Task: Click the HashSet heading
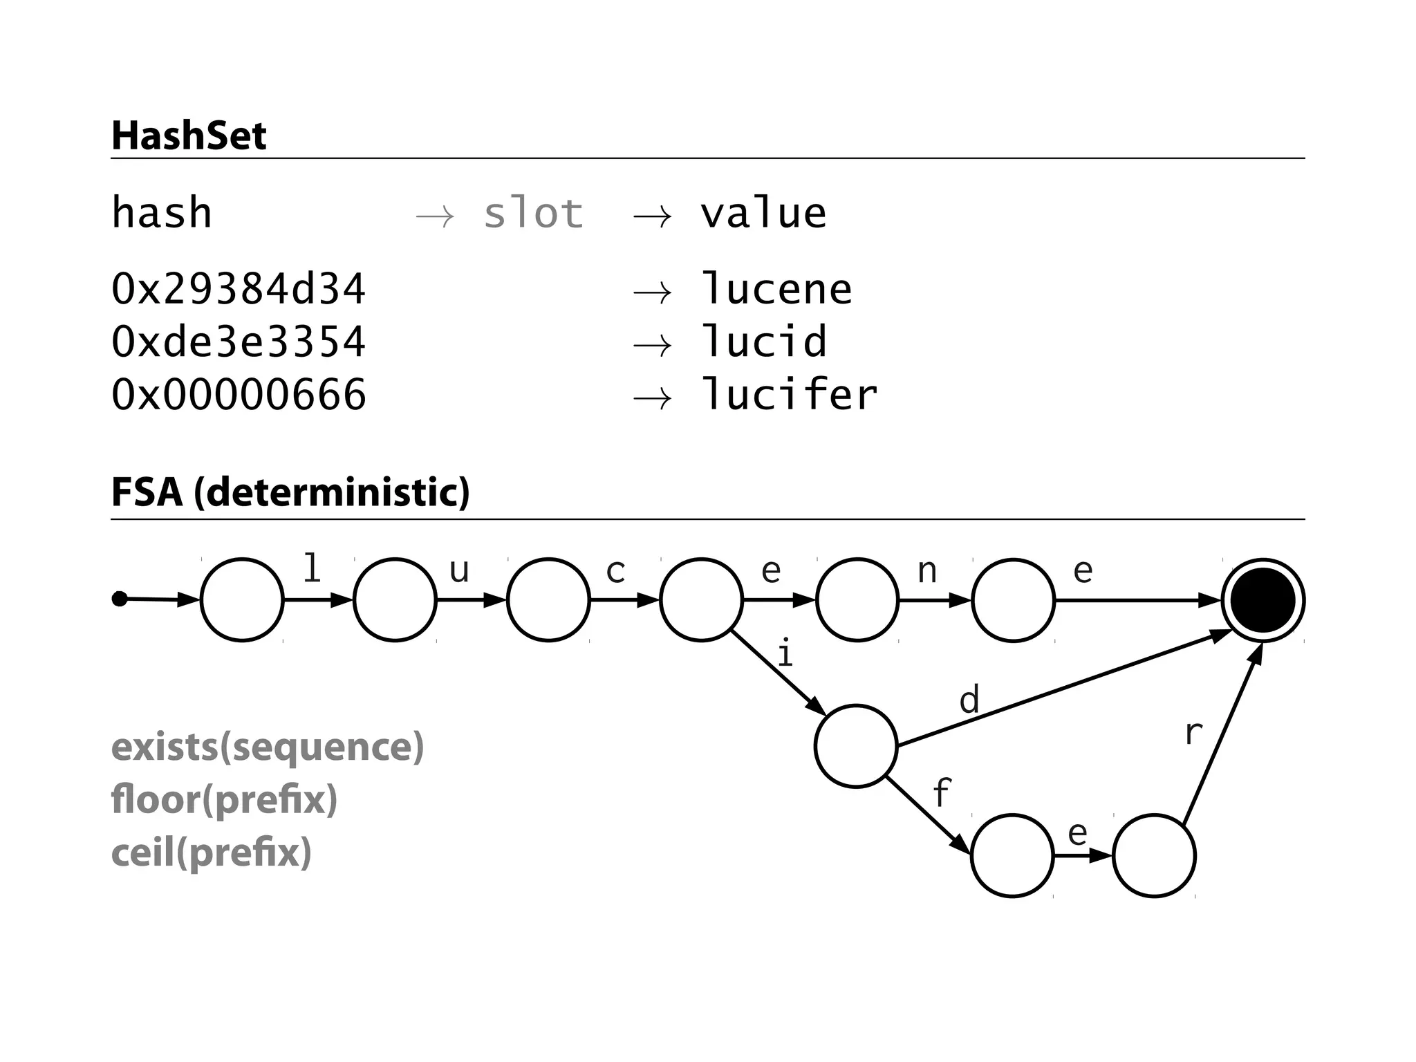pos(189,136)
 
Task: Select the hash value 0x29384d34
pos(238,289)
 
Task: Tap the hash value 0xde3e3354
pos(238,342)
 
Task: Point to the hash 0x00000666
pos(238,395)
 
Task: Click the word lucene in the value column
pos(776,289)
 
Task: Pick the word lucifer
pos(788,395)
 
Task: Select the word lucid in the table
pos(763,342)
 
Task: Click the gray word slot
pos(533,213)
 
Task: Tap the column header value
pos(763,213)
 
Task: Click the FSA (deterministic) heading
pos(290,492)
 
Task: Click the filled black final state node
pos(1263,600)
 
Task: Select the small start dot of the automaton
pos(120,599)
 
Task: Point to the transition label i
pos(784,653)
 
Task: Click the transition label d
pos(969,700)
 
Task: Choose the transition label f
pos(942,792)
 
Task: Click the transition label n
pos(926,572)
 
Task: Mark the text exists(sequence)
pos(268,747)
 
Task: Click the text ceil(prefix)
pos(211,853)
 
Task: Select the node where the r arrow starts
pos(1154,856)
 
